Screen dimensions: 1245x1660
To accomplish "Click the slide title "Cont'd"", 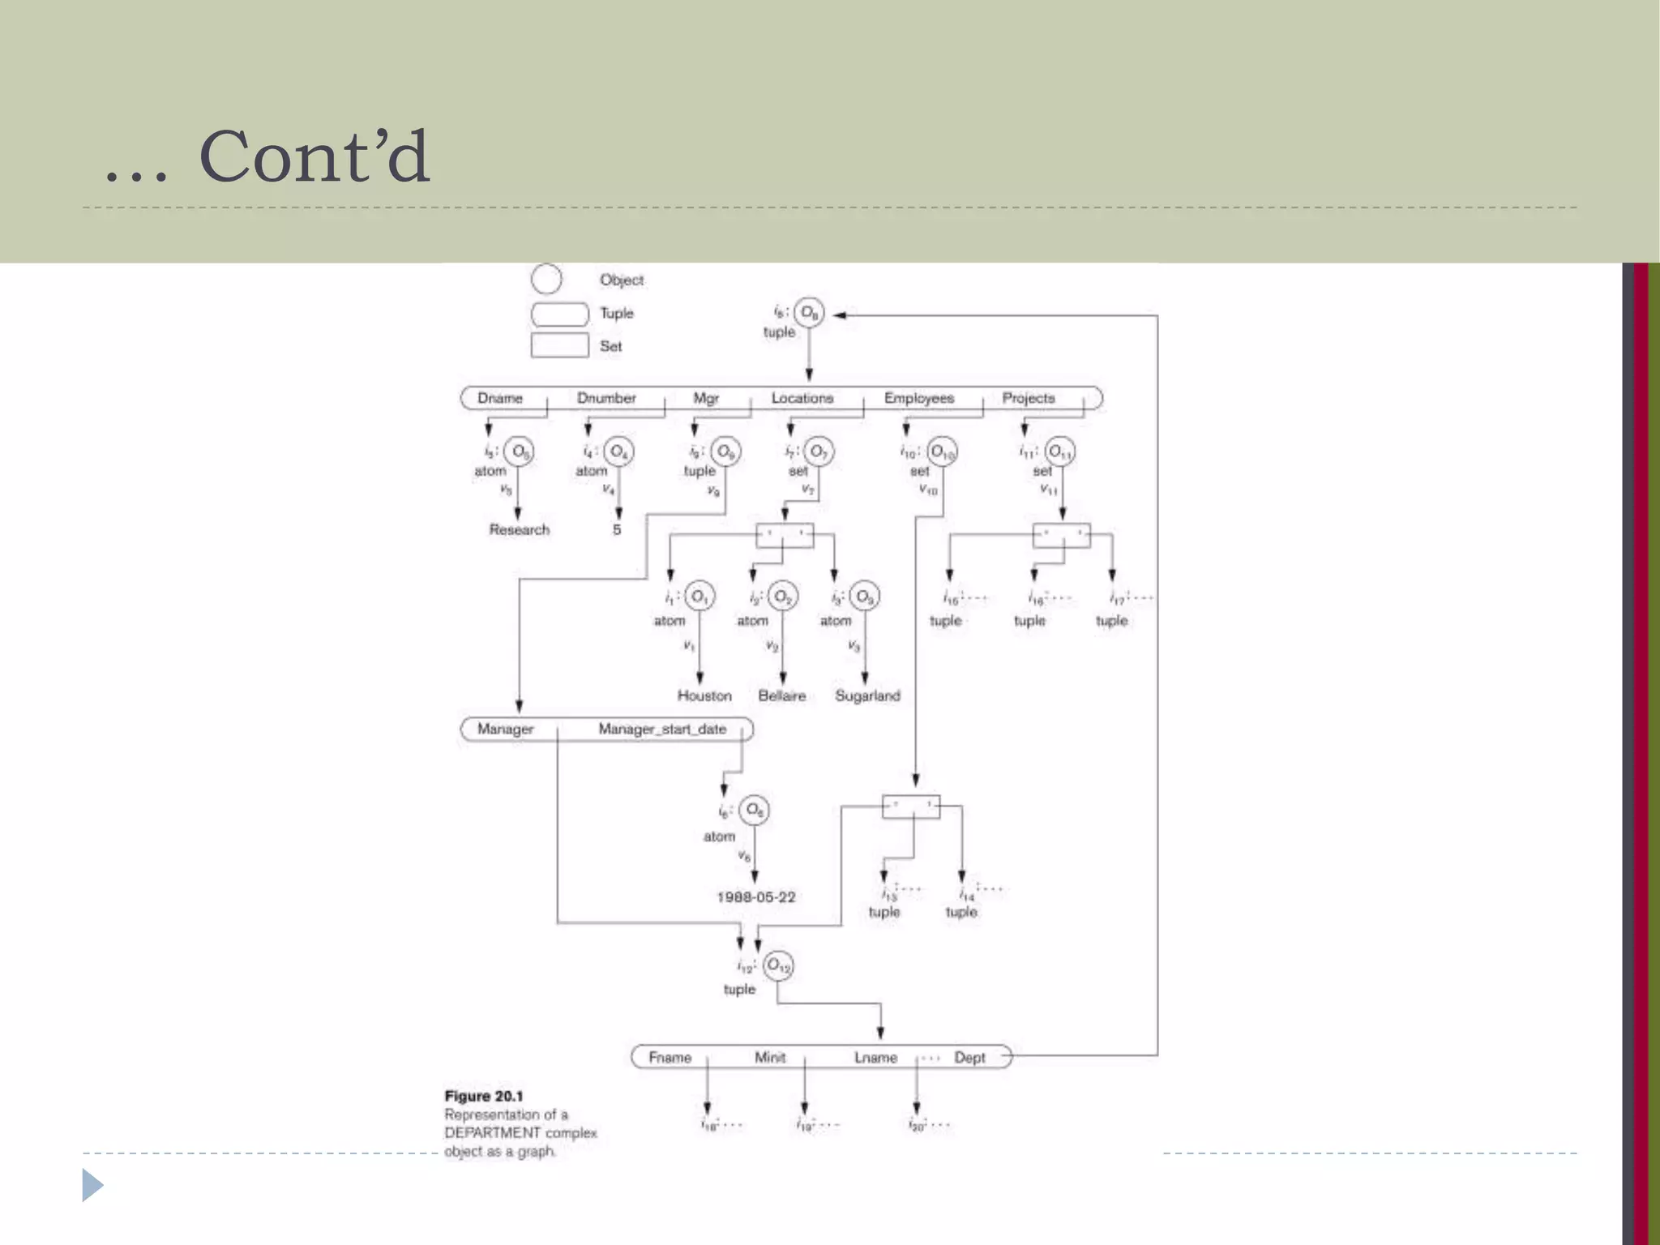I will (314, 156).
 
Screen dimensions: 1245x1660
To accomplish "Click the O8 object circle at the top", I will (809, 312).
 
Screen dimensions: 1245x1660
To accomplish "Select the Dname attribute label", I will (500, 398).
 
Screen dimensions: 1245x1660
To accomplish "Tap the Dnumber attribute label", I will (606, 398).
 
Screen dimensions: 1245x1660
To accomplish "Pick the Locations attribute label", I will (802, 398).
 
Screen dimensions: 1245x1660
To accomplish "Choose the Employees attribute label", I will (918, 398).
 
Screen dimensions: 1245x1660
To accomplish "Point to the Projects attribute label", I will (1029, 398).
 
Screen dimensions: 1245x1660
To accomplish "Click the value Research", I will (519, 529).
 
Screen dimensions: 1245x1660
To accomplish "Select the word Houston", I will (704, 695).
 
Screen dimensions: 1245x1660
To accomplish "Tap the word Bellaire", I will (782, 695).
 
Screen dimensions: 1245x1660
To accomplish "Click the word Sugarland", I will (867, 695).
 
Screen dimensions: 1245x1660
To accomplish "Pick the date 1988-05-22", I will (756, 897).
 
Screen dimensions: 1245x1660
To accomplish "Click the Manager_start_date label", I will (662, 729).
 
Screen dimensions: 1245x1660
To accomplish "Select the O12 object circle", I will (778, 965).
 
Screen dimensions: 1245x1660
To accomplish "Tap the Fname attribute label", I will (670, 1058).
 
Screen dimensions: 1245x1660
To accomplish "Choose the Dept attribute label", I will (969, 1058).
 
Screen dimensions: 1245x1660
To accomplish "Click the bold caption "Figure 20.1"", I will (484, 1096).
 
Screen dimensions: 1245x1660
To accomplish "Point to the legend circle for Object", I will (546, 279).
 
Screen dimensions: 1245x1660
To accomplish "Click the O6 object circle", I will (754, 809).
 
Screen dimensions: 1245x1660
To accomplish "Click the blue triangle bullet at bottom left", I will (92, 1186).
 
